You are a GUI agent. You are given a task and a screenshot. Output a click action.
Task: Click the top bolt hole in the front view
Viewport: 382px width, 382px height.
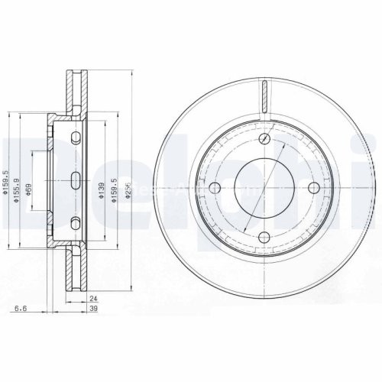pos(265,138)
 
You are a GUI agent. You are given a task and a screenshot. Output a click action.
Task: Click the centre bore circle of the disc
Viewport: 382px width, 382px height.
pos(265,189)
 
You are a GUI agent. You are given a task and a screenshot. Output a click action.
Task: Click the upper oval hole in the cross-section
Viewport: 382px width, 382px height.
pos(76,138)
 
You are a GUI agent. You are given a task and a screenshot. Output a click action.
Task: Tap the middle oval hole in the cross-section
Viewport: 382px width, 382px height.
pos(76,180)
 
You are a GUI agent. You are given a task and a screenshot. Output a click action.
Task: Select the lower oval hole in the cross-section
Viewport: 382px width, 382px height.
pos(76,223)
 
